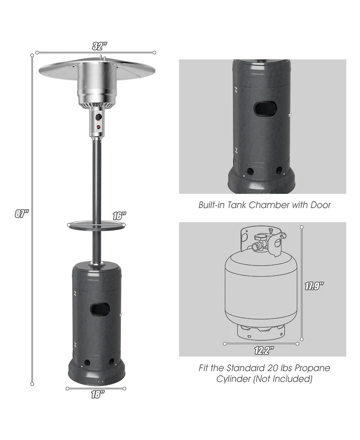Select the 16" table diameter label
click(119, 216)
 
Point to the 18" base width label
click(97, 394)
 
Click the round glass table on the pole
click(97, 225)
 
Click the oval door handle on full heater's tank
click(99, 308)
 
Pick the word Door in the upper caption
click(320, 205)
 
